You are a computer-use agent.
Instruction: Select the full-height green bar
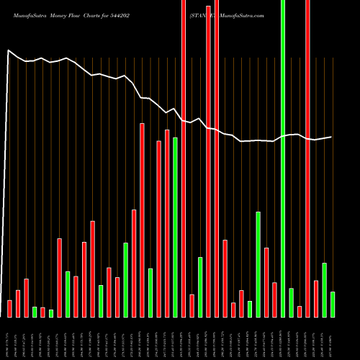click(x=283, y=158)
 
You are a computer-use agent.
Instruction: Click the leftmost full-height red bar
click(x=184, y=158)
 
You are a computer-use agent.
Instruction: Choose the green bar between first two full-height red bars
click(x=200, y=287)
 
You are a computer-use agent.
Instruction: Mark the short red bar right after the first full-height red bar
click(x=192, y=305)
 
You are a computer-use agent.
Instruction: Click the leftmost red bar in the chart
click(x=9, y=308)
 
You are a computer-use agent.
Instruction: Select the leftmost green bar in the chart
click(x=35, y=312)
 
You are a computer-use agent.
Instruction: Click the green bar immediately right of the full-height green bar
click(x=292, y=302)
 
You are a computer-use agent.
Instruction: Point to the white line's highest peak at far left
click(x=8, y=50)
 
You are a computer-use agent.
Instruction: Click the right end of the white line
click(x=332, y=137)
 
